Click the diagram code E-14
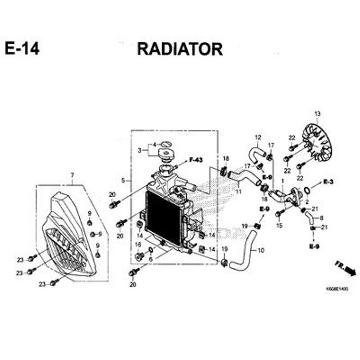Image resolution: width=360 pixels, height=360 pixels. point(23,49)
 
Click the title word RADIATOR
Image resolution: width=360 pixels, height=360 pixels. point(180,49)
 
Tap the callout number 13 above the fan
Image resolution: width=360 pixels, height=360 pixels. point(317,114)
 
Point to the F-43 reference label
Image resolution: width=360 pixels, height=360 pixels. point(196,159)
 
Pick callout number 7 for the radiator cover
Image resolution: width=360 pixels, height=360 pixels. point(72,175)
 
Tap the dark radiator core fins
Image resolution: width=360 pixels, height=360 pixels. point(163,216)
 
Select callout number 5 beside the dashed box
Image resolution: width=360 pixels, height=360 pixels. point(123,180)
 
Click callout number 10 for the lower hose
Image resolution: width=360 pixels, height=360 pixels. point(261,250)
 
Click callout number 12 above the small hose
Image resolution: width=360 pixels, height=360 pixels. point(257,137)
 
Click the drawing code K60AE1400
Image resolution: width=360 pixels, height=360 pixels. point(336,289)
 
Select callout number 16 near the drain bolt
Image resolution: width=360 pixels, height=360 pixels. point(138,244)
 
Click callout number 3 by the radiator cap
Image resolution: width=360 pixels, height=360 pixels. point(139,150)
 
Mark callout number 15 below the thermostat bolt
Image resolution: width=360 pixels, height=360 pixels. point(279,225)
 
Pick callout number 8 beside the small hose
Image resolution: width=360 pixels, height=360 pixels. point(321,217)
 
